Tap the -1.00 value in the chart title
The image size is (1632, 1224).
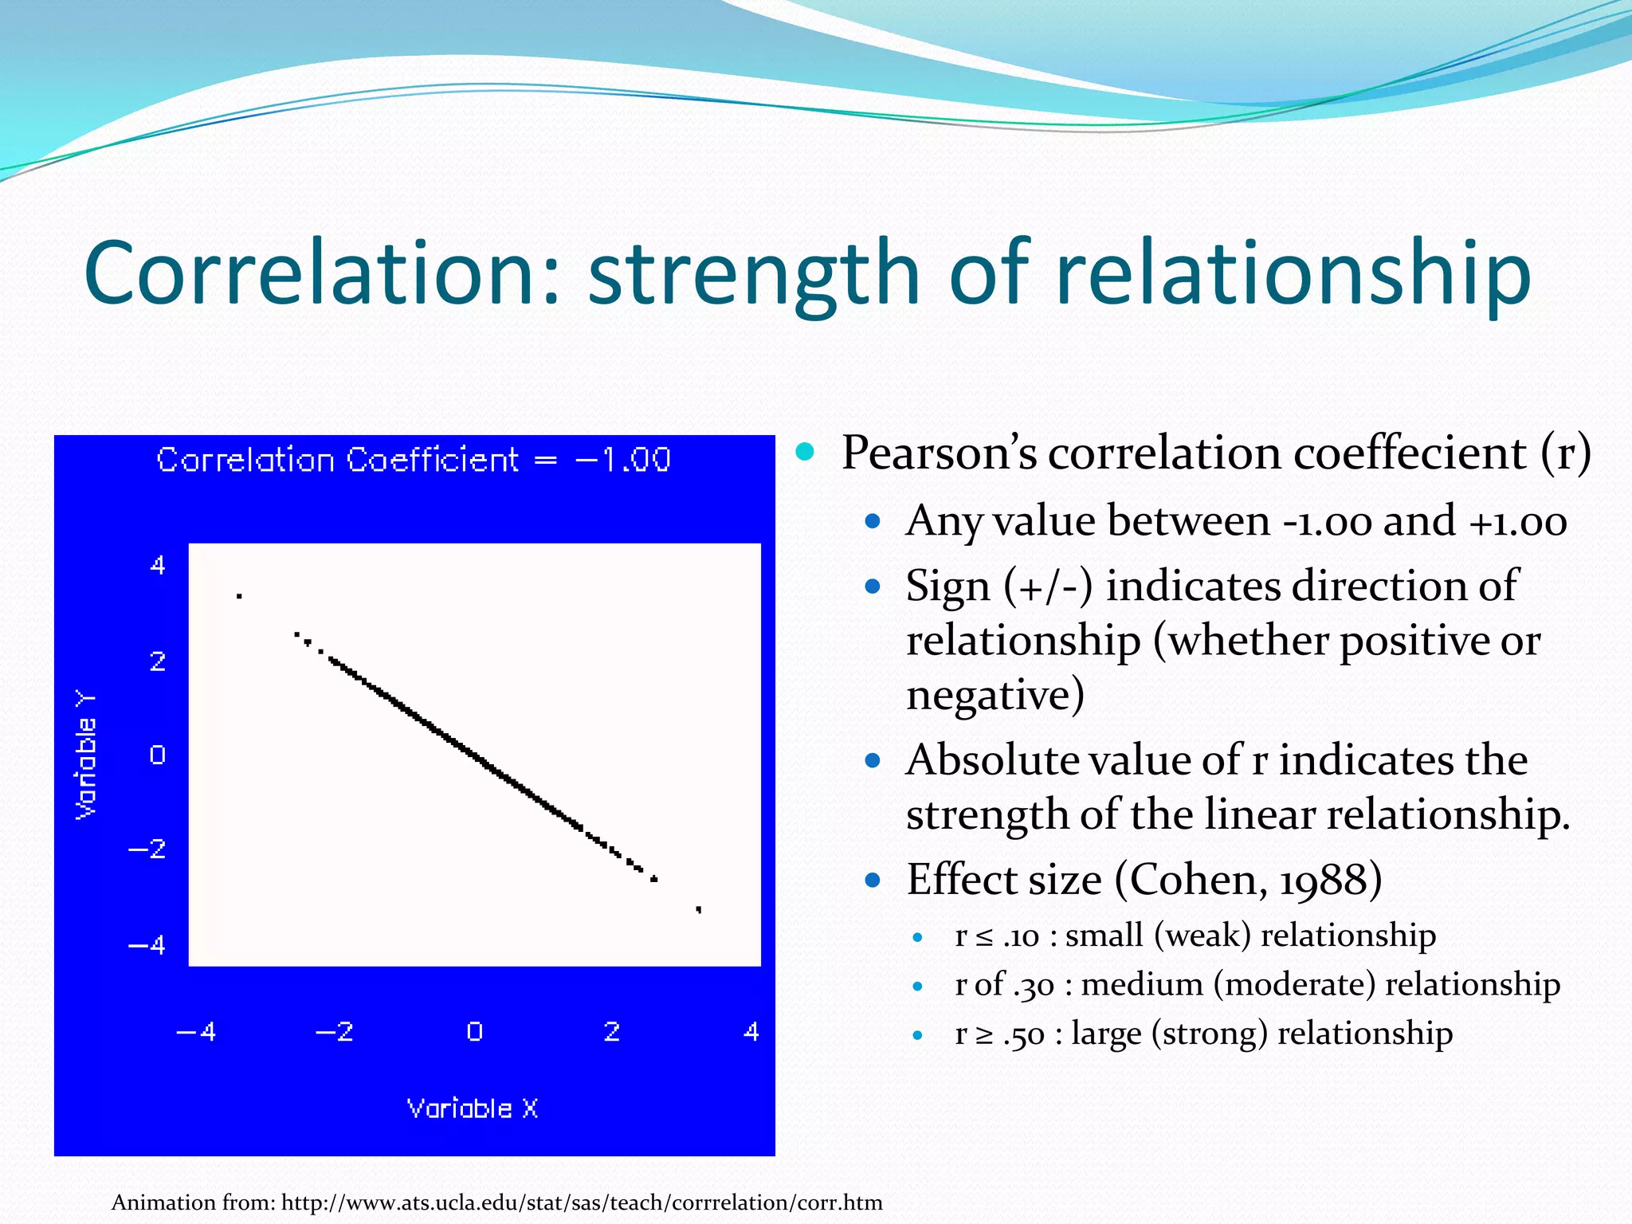point(623,460)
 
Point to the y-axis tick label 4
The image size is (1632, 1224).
point(158,565)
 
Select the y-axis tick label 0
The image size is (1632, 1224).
point(158,754)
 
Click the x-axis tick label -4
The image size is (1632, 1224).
point(196,1032)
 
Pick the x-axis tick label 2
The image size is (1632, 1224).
point(612,1032)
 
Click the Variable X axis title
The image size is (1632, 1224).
point(473,1108)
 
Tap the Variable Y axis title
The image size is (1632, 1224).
point(86,754)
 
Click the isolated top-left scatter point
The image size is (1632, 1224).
point(239,595)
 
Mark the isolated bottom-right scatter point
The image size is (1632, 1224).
point(699,908)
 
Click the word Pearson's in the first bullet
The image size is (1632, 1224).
point(940,453)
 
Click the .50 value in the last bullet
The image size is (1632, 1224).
point(1023,1034)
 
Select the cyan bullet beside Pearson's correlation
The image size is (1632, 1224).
point(806,452)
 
